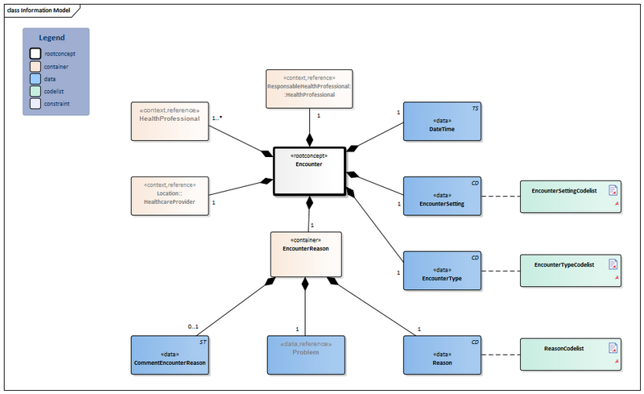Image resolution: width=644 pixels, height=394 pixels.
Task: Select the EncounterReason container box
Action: pos(305,253)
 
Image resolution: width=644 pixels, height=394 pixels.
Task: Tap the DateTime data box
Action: pos(442,123)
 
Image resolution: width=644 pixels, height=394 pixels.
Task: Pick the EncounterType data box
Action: pos(442,273)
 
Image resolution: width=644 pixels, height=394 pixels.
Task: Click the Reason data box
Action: pos(442,357)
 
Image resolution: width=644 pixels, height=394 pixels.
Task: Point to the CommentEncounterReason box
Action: pos(169,357)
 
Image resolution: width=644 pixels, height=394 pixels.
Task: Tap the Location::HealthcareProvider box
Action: pos(169,196)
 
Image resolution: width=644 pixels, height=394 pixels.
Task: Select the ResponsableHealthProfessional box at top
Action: pos(308,89)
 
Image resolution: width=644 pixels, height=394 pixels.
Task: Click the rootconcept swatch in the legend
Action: pos(35,54)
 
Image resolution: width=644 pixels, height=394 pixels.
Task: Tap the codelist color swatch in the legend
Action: pos(35,92)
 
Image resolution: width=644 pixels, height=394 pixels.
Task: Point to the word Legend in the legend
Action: pos(56,38)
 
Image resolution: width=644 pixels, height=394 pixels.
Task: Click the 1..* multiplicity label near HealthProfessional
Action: pos(217,118)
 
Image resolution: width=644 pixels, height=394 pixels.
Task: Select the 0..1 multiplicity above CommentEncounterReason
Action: pos(193,326)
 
